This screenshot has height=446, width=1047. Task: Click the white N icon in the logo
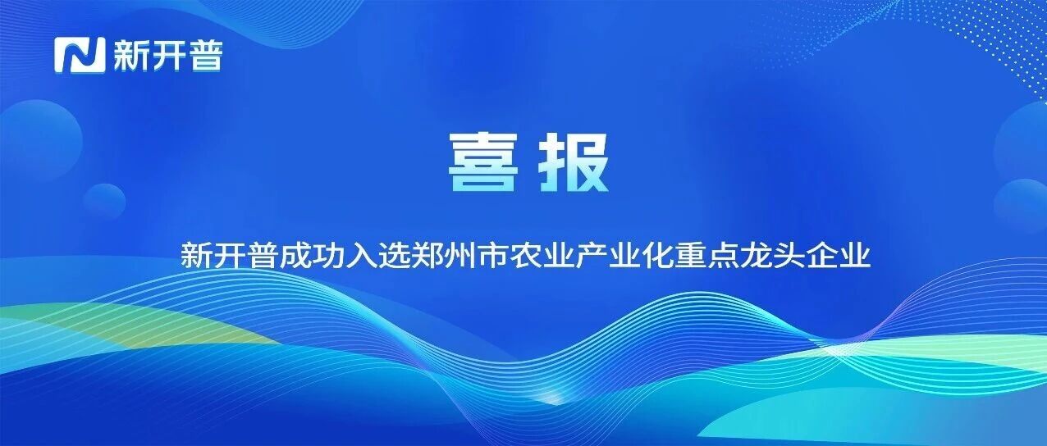point(80,55)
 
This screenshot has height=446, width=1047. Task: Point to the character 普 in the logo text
point(205,55)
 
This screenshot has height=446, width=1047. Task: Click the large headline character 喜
point(482,162)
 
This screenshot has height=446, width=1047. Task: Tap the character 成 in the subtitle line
point(296,254)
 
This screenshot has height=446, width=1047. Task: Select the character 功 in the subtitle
point(328,254)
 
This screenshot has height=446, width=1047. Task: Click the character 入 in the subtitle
point(361,254)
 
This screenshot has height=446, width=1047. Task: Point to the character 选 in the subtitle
point(394,254)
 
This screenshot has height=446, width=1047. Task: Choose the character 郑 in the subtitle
point(427,254)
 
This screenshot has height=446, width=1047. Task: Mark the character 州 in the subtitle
point(459,254)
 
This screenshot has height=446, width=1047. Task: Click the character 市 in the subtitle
point(492,254)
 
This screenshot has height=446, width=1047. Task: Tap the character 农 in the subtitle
point(525,254)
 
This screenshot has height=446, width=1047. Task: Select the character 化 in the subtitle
point(656,254)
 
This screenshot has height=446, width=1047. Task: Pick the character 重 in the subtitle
point(689,254)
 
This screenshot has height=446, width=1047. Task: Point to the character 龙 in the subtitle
point(756,254)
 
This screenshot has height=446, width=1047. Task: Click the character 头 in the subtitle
point(788,254)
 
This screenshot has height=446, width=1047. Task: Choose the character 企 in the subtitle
point(821,254)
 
